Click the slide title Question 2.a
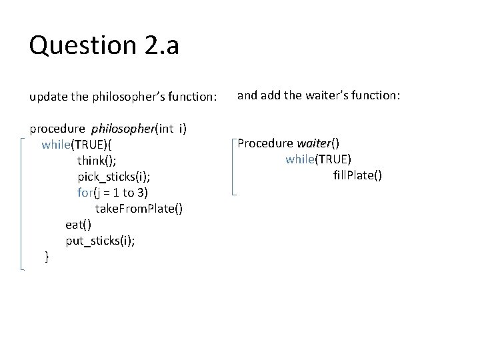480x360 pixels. click(x=104, y=45)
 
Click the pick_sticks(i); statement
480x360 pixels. click(x=109, y=176)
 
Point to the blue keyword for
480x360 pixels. click(x=85, y=193)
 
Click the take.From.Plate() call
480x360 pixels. click(x=139, y=209)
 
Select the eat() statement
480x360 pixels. click(x=78, y=225)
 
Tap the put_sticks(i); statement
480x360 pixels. click(x=100, y=241)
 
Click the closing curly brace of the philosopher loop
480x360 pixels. click(x=47, y=256)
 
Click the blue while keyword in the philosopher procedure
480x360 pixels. click(x=56, y=144)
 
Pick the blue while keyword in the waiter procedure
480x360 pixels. click(x=300, y=159)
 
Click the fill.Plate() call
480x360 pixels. click(x=357, y=175)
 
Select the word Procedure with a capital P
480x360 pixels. click(x=265, y=143)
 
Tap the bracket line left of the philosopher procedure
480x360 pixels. click(x=23, y=203)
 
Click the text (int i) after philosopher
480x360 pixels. click(x=171, y=128)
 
